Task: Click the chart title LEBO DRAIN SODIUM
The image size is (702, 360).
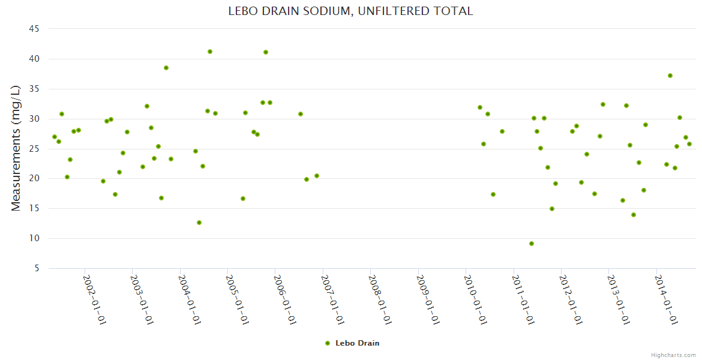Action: tap(350, 11)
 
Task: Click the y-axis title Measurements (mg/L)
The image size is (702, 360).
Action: tap(16, 148)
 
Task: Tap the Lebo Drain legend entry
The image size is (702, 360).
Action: tap(352, 343)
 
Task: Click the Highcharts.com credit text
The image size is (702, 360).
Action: tap(673, 355)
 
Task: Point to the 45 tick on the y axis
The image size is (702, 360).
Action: tap(34, 29)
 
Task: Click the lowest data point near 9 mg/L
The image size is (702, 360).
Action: tap(532, 244)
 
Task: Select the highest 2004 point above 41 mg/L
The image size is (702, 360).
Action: tap(210, 52)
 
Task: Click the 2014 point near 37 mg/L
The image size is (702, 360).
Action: tap(670, 76)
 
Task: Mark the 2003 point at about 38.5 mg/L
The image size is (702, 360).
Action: tap(166, 68)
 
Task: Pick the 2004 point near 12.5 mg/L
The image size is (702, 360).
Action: tap(199, 223)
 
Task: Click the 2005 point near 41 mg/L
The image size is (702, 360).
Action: tap(266, 52)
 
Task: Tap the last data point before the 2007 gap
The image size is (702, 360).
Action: tap(317, 176)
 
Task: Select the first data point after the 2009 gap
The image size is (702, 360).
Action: tap(480, 107)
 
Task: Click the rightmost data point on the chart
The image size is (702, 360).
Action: tap(689, 144)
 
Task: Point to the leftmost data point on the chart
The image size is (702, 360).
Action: tap(55, 137)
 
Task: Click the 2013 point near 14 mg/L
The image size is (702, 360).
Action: tap(634, 215)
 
